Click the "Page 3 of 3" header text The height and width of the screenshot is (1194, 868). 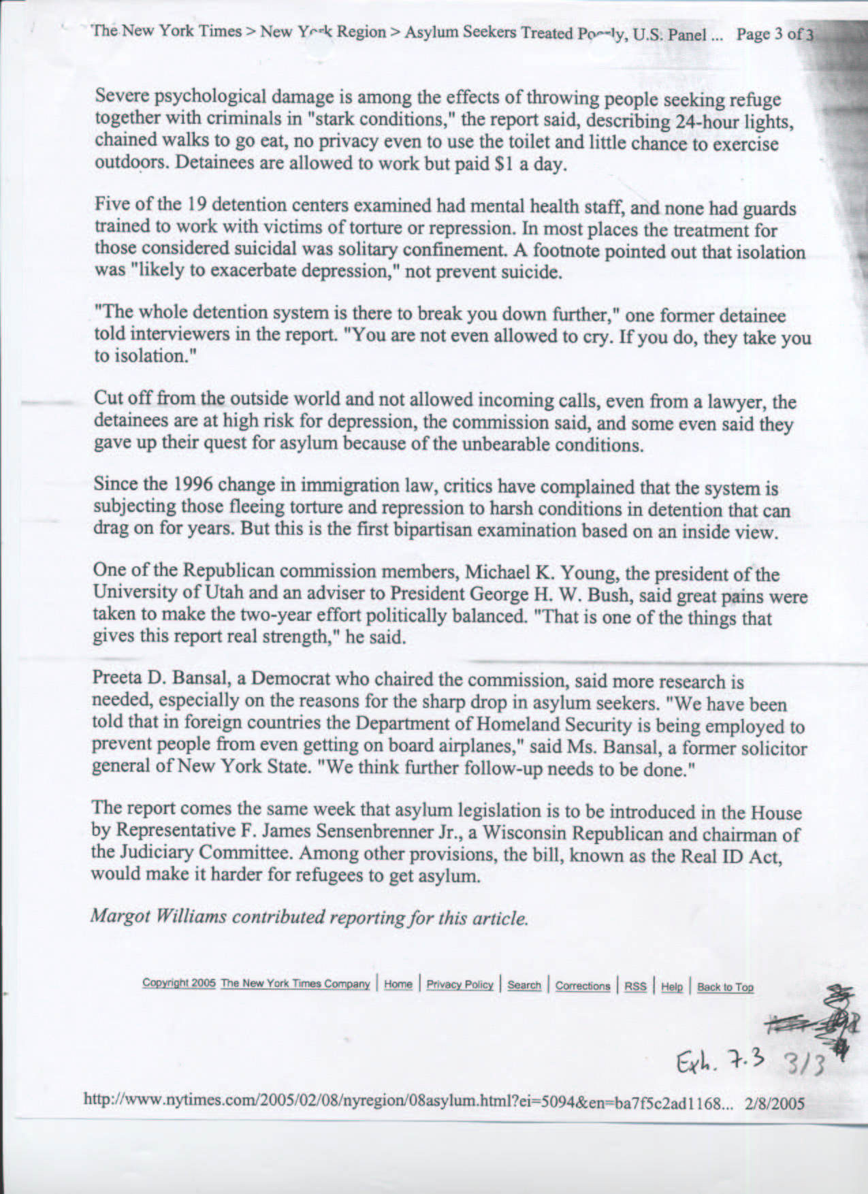(775, 35)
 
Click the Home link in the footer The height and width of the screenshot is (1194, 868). (398, 984)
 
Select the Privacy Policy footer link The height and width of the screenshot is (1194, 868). (460, 985)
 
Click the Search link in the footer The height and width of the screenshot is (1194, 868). (524, 986)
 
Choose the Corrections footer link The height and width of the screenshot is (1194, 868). (583, 986)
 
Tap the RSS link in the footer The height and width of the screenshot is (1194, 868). (636, 986)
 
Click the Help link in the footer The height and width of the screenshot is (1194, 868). (671, 987)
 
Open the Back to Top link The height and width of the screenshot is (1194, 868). (725, 987)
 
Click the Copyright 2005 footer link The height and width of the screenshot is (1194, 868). (179, 983)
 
